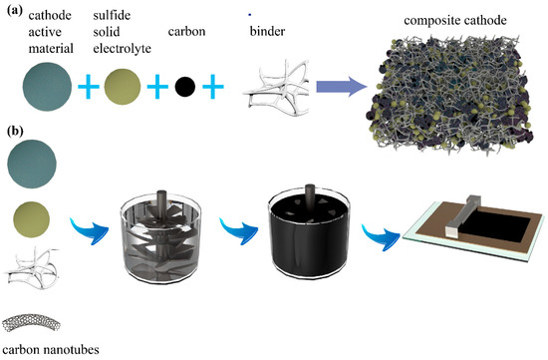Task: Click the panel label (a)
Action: (x=15, y=9)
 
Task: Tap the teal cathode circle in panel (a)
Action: (x=37, y=89)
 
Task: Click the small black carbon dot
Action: (x=184, y=89)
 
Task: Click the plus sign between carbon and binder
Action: (x=214, y=89)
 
